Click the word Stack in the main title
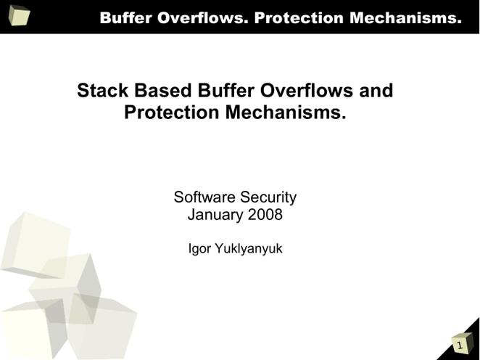[102, 91]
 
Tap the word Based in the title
[163, 91]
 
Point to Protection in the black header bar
[299, 17]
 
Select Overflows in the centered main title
[307, 91]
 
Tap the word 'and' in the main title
[376, 91]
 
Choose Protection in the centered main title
[172, 112]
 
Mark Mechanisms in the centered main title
[286, 112]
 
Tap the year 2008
[265, 214]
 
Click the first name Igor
[199, 249]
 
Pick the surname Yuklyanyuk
[249, 249]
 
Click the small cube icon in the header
[19, 15]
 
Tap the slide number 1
[460, 345]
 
